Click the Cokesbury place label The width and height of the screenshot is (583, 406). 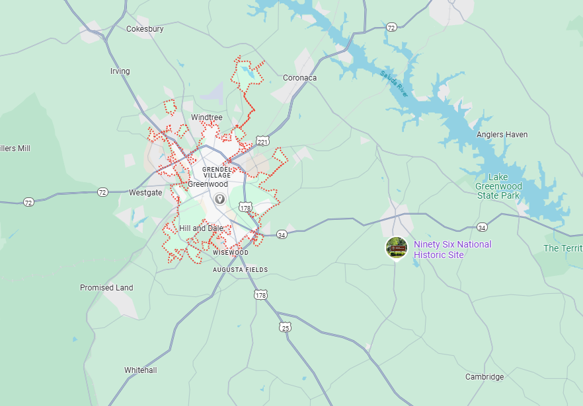click(145, 29)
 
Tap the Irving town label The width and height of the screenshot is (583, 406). click(120, 71)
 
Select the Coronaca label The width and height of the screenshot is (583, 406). click(300, 78)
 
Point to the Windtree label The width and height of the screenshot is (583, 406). click(207, 118)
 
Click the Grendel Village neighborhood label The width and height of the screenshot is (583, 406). click(217, 172)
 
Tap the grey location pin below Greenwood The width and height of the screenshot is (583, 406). click(219, 199)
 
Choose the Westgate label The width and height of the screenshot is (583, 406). click(145, 193)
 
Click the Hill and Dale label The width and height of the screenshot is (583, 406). click(201, 228)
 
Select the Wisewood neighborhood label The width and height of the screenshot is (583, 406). click(231, 253)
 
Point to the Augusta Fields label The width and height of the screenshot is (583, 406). click(241, 269)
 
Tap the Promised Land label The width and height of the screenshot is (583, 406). click(106, 288)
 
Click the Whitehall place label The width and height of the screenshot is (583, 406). click(141, 370)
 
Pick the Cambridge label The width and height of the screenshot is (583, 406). click(485, 377)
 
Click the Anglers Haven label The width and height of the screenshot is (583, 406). click(502, 135)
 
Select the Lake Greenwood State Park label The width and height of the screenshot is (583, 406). click(498, 186)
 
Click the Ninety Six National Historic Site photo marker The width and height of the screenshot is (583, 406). click(397, 248)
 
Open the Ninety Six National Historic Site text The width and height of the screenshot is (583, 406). click(453, 250)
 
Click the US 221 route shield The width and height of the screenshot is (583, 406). click(263, 142)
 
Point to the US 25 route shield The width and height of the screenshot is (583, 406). click(286, 327)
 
